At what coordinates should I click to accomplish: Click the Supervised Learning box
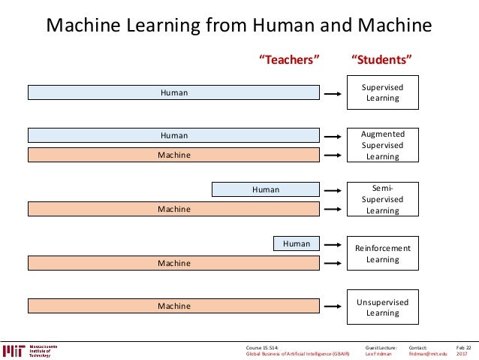[x=382, y=92]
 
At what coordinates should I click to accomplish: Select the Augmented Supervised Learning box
[x=382, y=145]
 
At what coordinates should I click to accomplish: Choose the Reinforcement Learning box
[x=382, y=254]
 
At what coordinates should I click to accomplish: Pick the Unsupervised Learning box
[x=382, y=307]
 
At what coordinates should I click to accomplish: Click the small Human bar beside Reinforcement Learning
[x=297, y=244]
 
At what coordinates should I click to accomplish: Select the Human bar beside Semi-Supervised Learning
[x=266, y=189]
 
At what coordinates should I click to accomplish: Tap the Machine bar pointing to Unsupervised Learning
[x=174, y=306]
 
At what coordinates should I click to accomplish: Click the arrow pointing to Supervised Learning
[x=332, y=93]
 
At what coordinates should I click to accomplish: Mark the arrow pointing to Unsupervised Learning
[x=332, y=306]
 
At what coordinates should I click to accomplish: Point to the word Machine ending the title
[x=392, y=26]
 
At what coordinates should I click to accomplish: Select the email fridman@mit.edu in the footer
[x=428, y=354]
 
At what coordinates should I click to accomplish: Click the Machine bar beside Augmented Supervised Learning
[x=174, y=155]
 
